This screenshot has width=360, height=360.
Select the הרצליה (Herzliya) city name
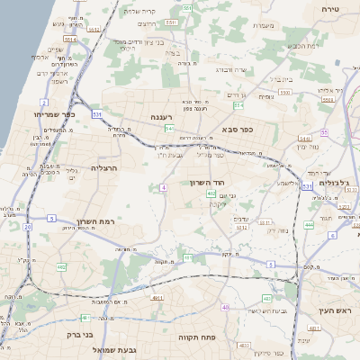coord(105,167)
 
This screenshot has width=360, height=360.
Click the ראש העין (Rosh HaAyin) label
coord(332,310)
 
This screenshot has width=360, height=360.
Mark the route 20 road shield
coord(27,228)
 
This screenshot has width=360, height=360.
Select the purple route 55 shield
coord(325,132)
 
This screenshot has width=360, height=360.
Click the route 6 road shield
coord(331,235)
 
